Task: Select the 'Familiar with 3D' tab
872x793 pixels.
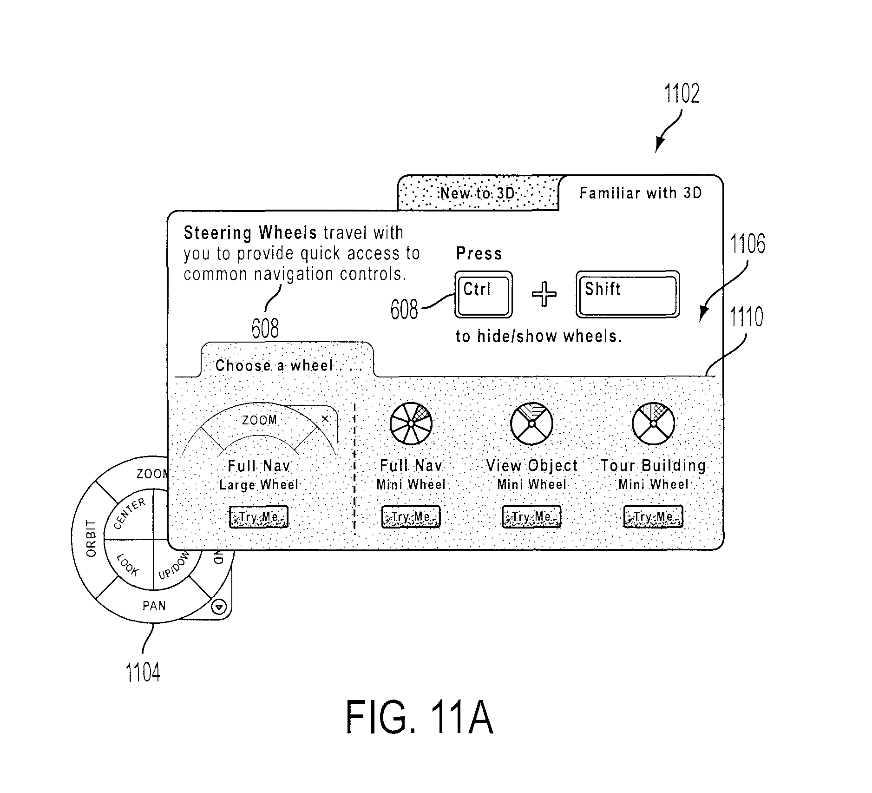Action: [641, 193]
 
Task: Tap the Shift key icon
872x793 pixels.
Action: [628, 294]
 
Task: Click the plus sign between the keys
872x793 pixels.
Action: [544, 294]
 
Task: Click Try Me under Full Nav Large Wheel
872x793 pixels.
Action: [259, 517]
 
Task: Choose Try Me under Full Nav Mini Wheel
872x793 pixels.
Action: [411, 517]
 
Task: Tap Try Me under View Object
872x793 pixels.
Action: [531, 517]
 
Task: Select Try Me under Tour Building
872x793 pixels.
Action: [653, 517]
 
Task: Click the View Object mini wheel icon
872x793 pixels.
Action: [531, 423]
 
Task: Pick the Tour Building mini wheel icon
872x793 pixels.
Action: [653, 423]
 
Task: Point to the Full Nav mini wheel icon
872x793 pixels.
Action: [411, 423]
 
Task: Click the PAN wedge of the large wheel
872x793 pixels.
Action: [154, 605]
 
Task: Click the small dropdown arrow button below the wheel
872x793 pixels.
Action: [219, 607]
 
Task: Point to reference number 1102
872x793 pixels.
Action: [682, 93]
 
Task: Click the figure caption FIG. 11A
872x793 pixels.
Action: [419, 718]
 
